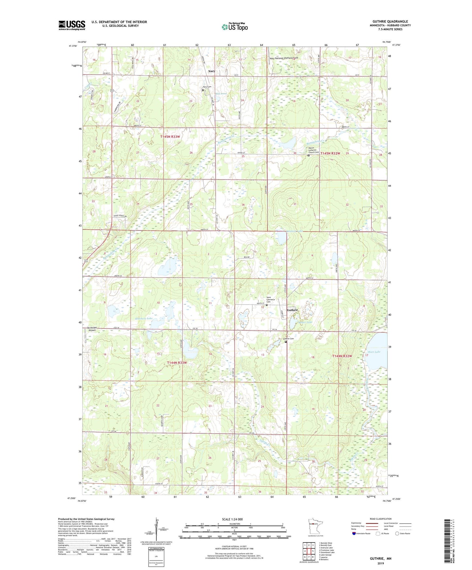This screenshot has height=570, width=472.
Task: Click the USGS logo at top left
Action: (x=72, y=25)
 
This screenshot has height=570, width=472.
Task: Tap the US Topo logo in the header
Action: (x=234, y=27)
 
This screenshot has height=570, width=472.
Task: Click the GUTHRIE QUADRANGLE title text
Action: (x=390, y=22)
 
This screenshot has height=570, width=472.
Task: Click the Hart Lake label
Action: (x=374, y=352)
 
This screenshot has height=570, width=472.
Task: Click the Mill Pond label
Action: (x=221, y=94)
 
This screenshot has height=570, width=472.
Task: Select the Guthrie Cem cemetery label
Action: (x=288, y=339)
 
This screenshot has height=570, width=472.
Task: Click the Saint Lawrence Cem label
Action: (x=271, y=299)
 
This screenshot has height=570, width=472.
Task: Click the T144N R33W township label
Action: (x=177, y=363)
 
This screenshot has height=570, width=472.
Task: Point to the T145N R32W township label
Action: (x=330, y=153)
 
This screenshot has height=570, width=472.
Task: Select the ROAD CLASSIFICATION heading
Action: (x=381, y=519)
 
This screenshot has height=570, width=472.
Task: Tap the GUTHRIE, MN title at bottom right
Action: (x=381, y=559)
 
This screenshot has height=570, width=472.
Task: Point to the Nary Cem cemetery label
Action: (x=207, y=87)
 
